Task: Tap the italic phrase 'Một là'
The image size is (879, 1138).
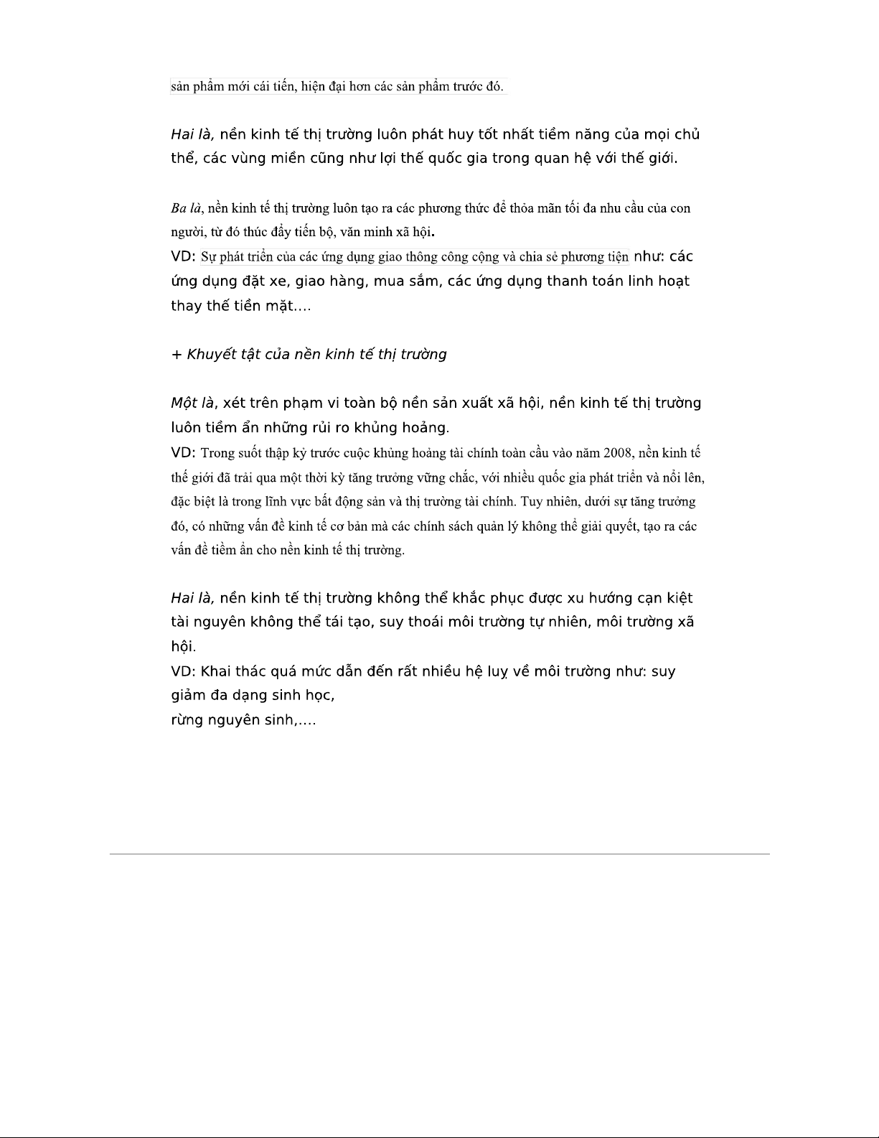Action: click(192, 403)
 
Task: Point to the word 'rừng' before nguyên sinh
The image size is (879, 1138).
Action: click(187, 720)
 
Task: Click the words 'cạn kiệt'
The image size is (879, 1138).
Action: click(664, 598)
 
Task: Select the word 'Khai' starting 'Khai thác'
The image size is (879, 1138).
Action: click(215, 671)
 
